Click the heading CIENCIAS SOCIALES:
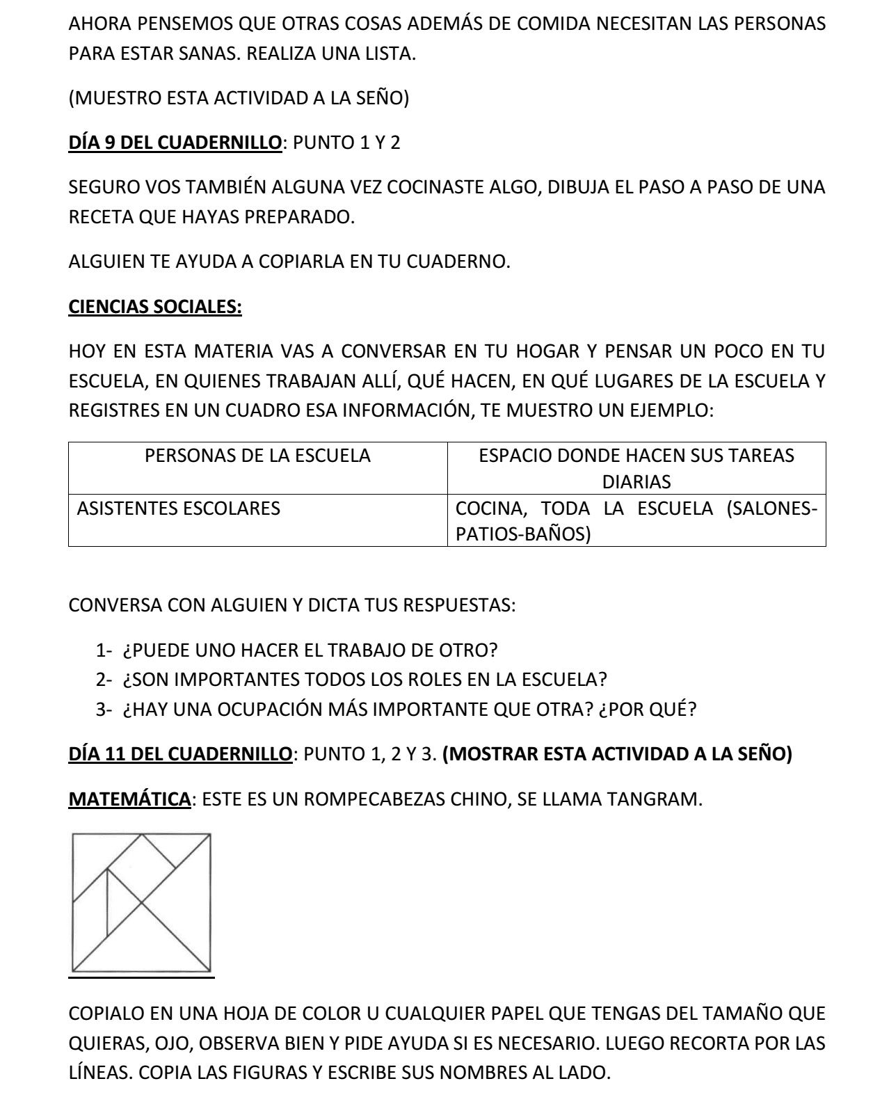point(155,307)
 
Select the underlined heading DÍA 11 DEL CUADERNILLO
point(180,754)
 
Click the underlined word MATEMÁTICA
point(129,799)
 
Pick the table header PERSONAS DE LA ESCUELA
point(257,456)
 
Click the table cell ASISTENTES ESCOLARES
point(178,509)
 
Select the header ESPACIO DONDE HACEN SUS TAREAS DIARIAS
point(636,468)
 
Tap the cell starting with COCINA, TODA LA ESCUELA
point(636,521)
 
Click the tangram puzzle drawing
point(142,902)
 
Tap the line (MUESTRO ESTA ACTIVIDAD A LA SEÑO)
point(239,98)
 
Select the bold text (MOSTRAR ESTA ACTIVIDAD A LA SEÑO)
point(616,754)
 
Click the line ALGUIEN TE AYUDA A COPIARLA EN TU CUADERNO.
point(289,262)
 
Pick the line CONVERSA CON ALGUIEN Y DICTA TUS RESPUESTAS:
point(292,605)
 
